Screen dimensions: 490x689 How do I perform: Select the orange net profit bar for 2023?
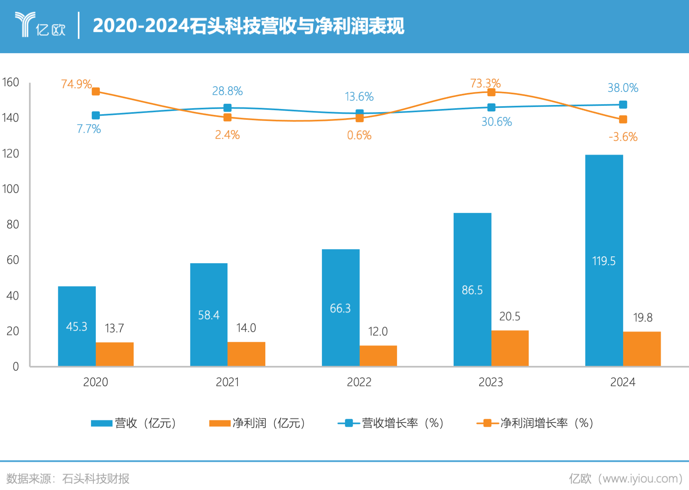point(510,348)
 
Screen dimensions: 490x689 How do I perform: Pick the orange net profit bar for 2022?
point(378,355)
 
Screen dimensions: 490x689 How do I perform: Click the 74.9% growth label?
point(76,84)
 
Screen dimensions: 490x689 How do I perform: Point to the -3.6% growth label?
point(623,137)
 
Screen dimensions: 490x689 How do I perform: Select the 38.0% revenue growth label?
point(623,88)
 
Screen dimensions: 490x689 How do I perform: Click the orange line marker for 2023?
point(492,93)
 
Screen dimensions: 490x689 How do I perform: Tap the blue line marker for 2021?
point(227,108)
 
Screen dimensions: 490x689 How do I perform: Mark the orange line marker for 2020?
point(96,92)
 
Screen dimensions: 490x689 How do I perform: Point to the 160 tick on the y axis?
point(10,82)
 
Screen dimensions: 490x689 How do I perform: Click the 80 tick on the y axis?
point(12,224)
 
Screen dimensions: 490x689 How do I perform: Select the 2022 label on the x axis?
point(359,382)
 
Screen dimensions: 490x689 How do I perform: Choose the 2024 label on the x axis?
point(623,382)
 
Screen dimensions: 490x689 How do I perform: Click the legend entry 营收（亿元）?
point(134,423)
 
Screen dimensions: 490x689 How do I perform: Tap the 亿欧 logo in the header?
point(40,25)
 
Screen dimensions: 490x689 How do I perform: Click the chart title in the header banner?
point(248,26)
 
